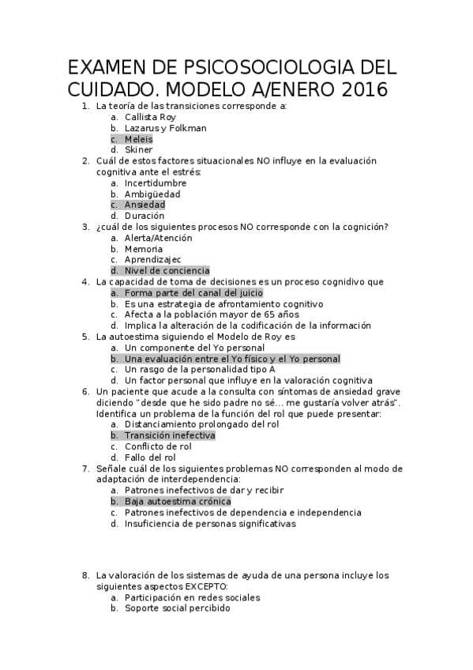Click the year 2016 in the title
[364, 90]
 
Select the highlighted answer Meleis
[139, 138]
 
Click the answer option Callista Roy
[150, 116]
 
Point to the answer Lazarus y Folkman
[165, 127]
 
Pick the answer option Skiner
[139, 149]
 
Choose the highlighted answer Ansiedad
[145, 205]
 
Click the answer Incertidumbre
[156, 183]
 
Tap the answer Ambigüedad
[152, 194]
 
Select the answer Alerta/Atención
[158, 238]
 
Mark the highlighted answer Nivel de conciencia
[167, 271]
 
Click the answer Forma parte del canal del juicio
[193, 293]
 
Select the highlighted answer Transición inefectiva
[170, 435]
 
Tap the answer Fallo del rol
[150, 457]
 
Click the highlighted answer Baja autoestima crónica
[178, 502]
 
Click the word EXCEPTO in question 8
[207, 587]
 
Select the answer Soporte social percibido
[178, 609]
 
